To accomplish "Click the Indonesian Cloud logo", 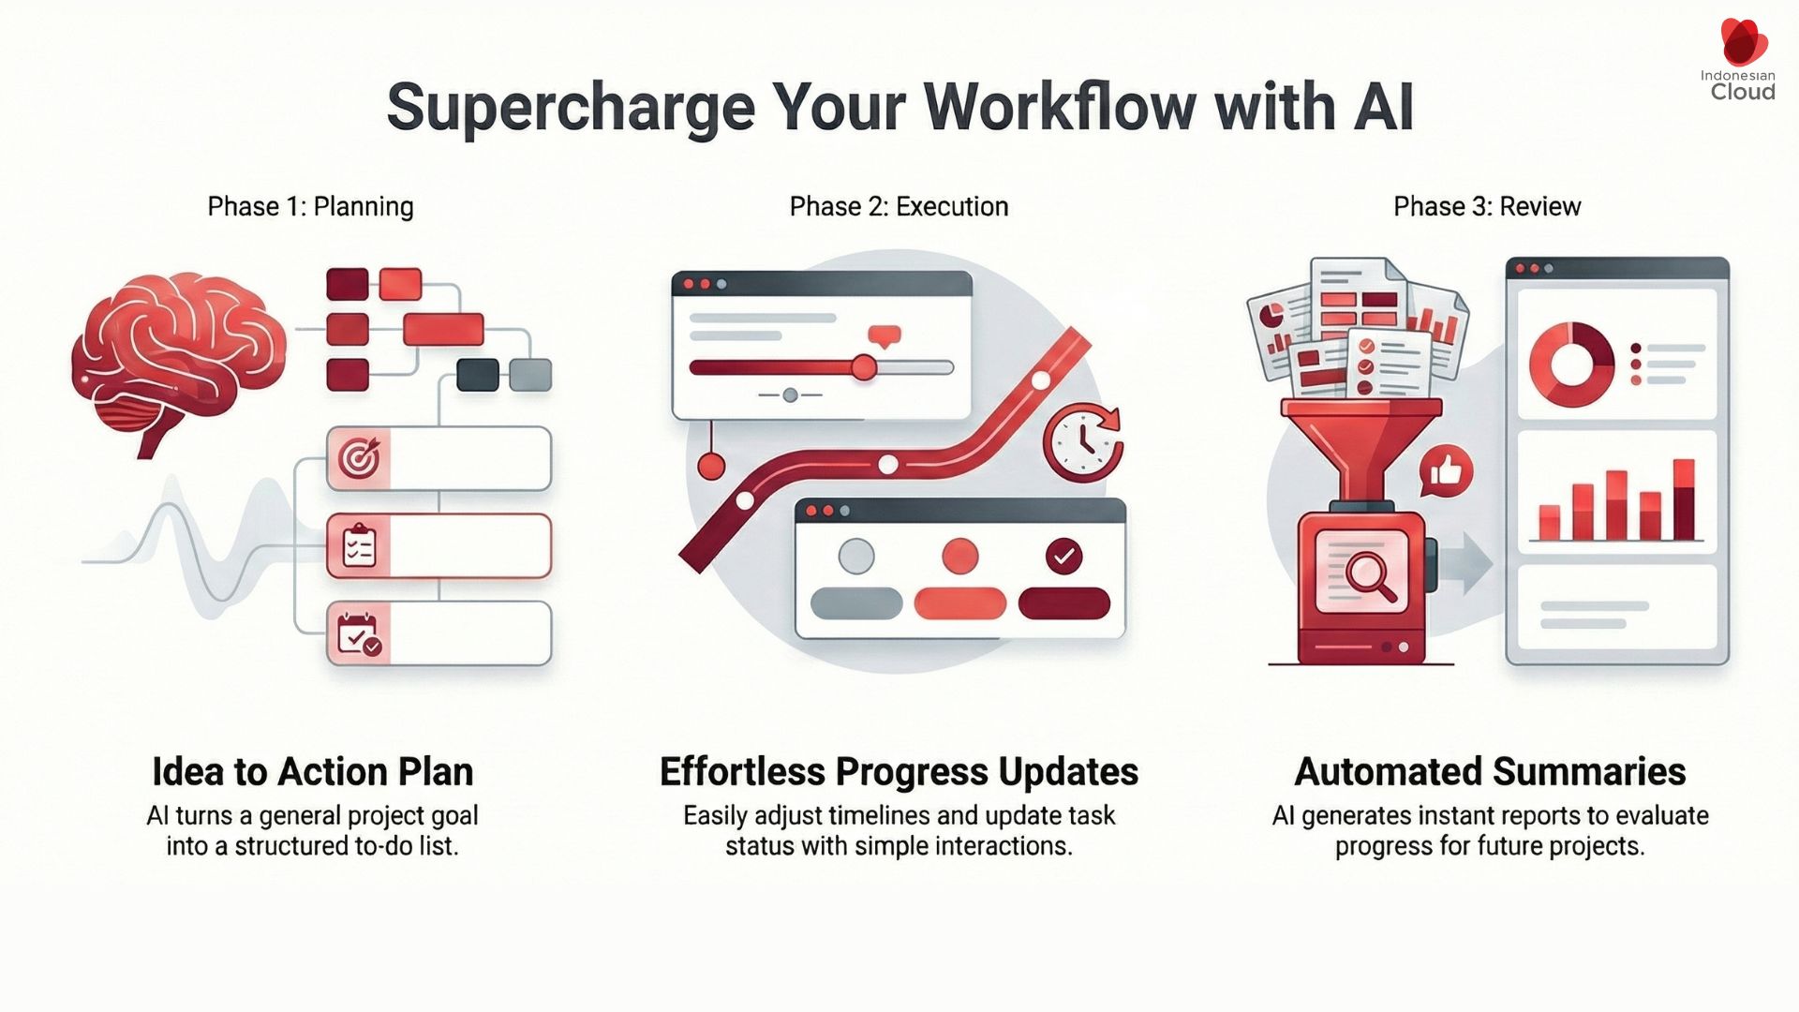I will (1741, 62).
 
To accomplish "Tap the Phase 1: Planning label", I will (310, 206).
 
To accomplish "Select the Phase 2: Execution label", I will (899, 206).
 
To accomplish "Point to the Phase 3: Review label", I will (1487, 206).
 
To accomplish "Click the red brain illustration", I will (178, 356).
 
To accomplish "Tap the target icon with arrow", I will (359, 458).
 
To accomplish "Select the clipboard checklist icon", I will (359, 546).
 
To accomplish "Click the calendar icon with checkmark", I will (359, 634).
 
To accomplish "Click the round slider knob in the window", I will (863, 367).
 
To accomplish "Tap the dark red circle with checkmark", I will (1063, 557).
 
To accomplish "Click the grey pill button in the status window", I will (855, 603).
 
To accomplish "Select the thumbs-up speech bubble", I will (1446, 471).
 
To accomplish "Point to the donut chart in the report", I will (1571, 365).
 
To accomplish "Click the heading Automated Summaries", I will (1490, 772).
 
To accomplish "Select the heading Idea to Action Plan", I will (312, 772).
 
